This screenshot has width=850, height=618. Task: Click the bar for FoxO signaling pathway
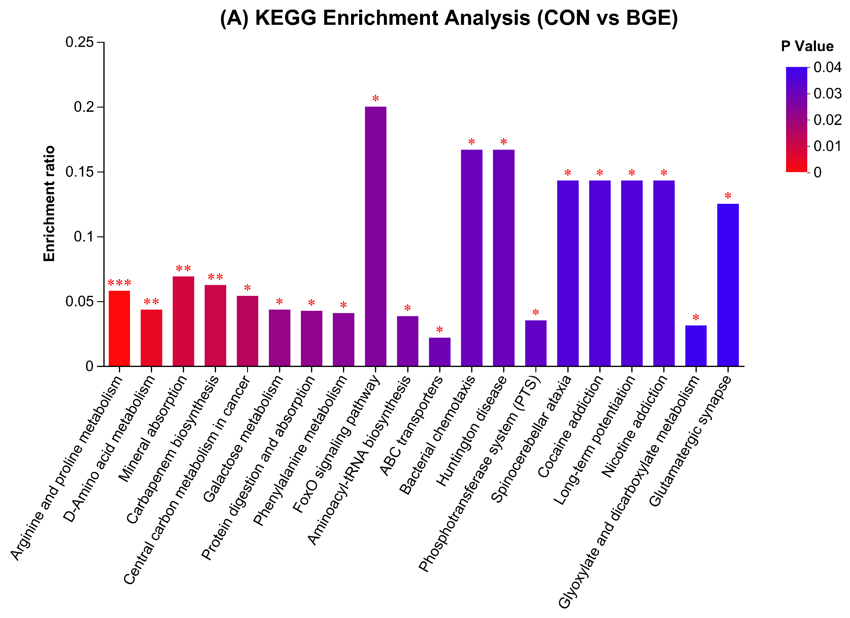point(376,236)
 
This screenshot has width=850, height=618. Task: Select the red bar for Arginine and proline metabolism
point(119,328)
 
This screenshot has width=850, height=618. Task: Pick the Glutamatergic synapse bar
point(728,285)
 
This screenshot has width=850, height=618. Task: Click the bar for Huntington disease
point(504,258)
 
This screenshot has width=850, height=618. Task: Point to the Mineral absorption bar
point(183,321)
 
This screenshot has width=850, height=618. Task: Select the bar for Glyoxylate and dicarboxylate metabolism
point(696,345)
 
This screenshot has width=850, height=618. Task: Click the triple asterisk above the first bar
point(119,283)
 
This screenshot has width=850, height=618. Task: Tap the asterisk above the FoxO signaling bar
point(376,99)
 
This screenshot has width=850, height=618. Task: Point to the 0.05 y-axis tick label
point(79,302)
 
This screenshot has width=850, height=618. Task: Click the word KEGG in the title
point(286,18)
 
